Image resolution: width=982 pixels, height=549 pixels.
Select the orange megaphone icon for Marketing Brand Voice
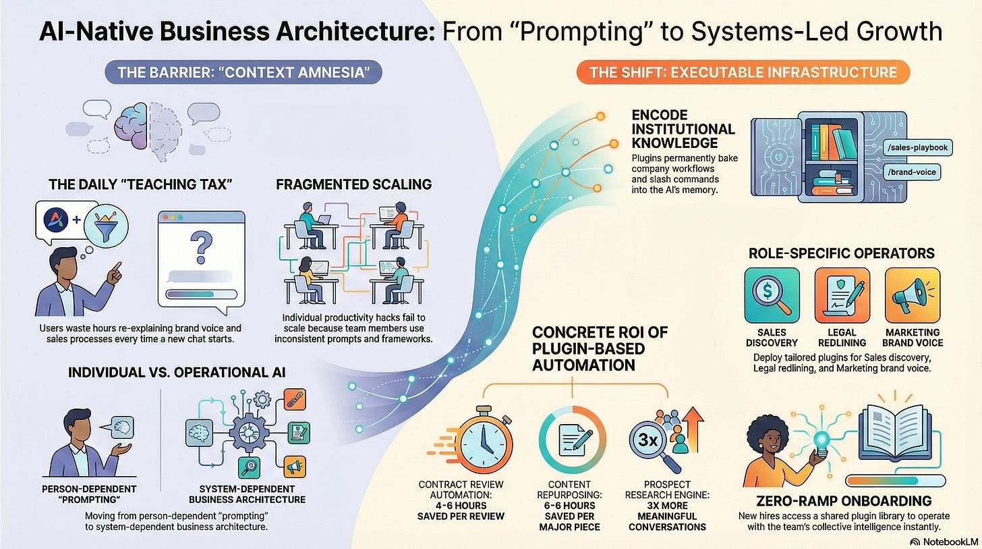coord(912,294)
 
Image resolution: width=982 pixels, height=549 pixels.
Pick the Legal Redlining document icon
coord(842,294)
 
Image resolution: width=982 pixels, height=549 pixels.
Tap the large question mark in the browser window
coord(200,246)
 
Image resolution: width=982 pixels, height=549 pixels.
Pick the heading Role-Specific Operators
coord(842,253)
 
